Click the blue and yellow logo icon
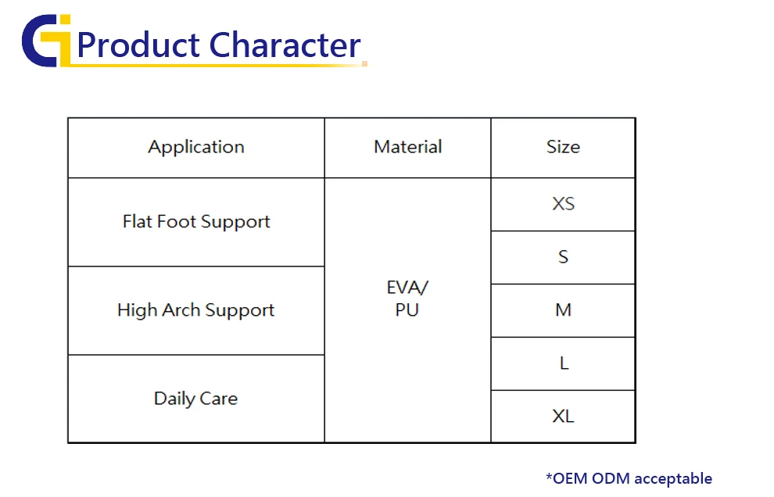point(46,41)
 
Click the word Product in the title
point(138,45)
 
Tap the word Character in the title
point(285,45)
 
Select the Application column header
point(196,147)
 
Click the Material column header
point(408,147)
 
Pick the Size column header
point(563,147)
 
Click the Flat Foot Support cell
point(196,222)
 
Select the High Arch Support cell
point(196,310)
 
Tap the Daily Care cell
point(196,399)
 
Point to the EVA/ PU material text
point(407,298)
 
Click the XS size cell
point(563,204)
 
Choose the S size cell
point(563,256)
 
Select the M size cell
point(563,310)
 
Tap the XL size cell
point(563,416)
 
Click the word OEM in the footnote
point(570,478)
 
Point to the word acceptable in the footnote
point(673,479)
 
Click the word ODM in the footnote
point(611,478)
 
